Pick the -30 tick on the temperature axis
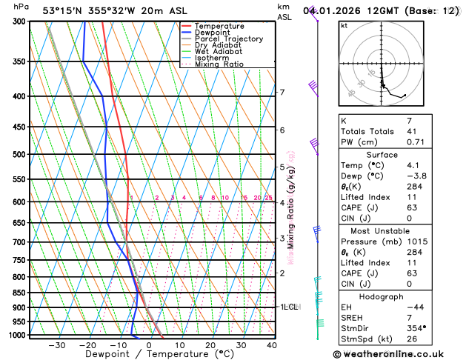tap(56, 344)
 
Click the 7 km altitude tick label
tap(282, 92)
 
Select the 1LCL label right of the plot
tap(288, 306)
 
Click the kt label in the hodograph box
tap(344, 25)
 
